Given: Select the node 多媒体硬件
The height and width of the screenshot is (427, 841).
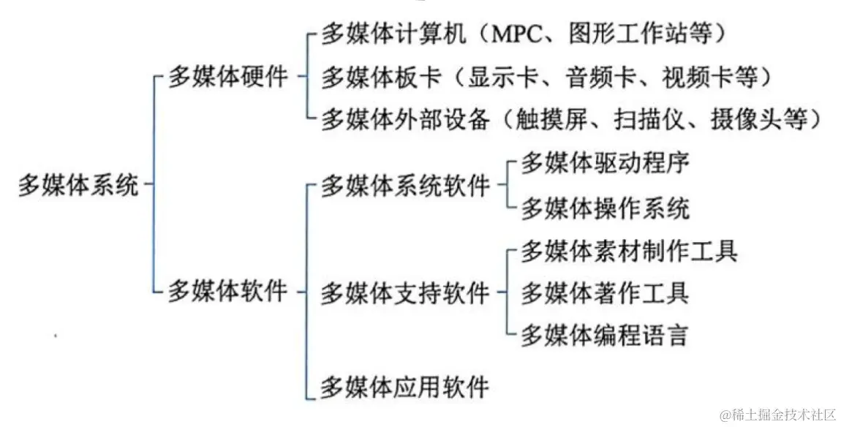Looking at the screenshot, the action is coord(228,77).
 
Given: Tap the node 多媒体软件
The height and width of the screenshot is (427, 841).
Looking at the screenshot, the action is coord(228,292).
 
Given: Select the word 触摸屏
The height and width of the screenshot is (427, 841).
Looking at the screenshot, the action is coord(549,118).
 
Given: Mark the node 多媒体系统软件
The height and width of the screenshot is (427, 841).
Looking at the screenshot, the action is coord(404,186).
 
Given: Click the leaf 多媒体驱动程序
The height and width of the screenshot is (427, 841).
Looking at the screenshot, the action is coord(605,163).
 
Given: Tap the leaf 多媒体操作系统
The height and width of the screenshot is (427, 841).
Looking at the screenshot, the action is coord(605,209).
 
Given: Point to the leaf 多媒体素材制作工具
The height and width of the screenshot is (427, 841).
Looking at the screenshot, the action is coord(629,252).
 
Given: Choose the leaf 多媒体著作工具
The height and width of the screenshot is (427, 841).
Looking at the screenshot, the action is coord(605,294).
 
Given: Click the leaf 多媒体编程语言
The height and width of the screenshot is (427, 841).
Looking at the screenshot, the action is coord(605,336).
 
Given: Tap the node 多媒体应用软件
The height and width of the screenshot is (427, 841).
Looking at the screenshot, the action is coord(404,385).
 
